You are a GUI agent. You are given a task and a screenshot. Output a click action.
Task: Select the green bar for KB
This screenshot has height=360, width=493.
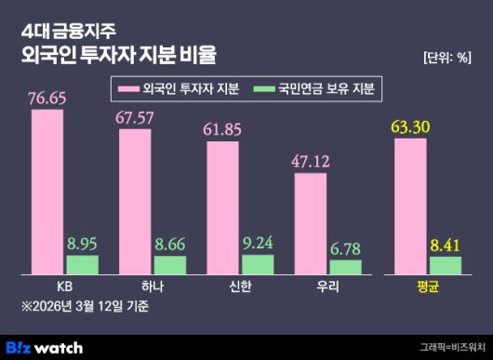(83, 264)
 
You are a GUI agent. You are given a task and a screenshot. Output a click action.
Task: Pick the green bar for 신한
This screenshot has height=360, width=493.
(259, 264)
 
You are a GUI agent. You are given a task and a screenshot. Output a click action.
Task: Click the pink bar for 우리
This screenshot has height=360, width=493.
(311, 224)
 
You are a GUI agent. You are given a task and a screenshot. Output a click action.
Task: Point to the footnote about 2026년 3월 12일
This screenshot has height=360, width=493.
(86, 306)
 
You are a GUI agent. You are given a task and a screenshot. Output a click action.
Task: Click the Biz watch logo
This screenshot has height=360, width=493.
(52, 347)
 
